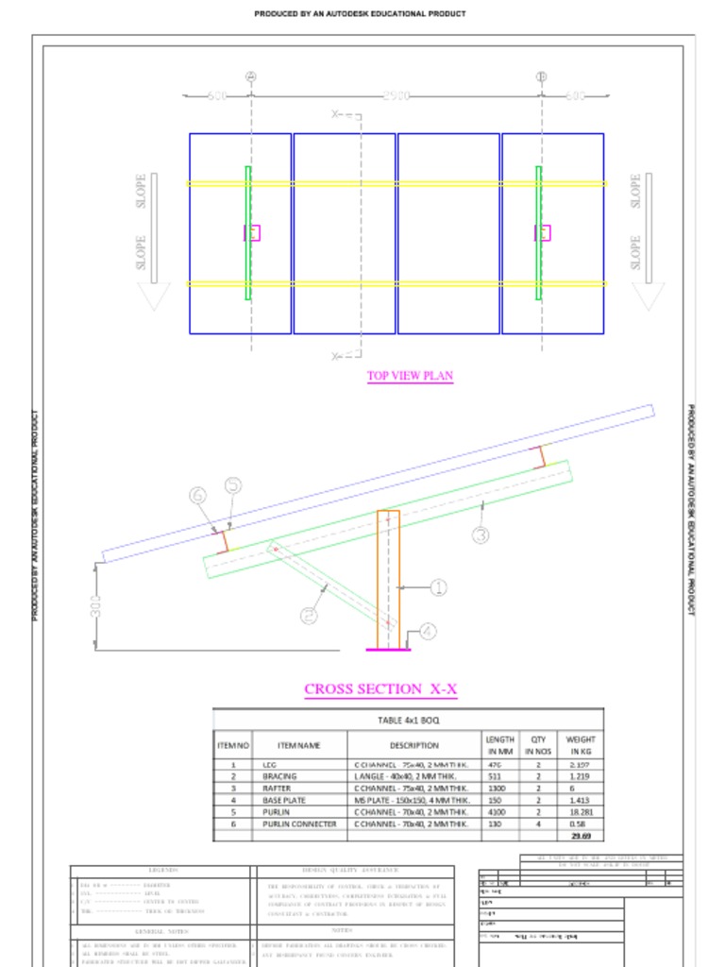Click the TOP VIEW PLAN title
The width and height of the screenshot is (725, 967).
(x=410, y=376)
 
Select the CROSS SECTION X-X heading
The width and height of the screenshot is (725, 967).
(x=380, y=689)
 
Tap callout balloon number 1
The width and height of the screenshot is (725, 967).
(x=438, y=587)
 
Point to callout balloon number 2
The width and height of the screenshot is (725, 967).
(x=309, y=616)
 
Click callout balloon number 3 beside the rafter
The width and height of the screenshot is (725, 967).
(x=481, y=534)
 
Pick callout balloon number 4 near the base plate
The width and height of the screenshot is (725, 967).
(x=428, y=631)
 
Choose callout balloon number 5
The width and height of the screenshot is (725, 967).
(x=232, y=485)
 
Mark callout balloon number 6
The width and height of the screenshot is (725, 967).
(x=197, y=495)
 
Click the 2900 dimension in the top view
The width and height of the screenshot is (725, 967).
(x=396, y=96)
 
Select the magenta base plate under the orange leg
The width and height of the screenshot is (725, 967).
(x=387, y=649)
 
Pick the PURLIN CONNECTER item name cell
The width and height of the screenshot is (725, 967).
(x=299, y=823)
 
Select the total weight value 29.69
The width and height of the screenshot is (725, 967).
(x=580, y=836)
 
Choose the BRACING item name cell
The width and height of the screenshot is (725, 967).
(x=279, y=776)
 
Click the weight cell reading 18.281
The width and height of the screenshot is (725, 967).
(x=580, y=811)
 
